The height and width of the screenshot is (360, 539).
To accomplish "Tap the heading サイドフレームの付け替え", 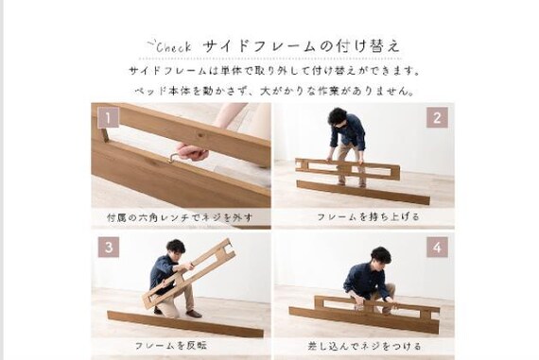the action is tap(302, 46).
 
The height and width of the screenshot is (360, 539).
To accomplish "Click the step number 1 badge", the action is tap(109, 117).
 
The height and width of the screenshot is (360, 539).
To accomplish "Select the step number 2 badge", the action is tap(437, 117).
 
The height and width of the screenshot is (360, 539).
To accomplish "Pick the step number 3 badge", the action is tap(109, 247).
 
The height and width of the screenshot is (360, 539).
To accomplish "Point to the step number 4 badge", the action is tap(437, 247).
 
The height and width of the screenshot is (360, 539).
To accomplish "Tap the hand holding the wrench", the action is tap(192, 151).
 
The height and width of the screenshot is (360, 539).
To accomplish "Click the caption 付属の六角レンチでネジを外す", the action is tap(180, 217).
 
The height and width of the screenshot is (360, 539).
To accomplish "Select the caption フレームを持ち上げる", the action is tap(368, 217).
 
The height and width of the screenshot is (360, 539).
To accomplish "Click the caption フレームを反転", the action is tap(171, 346).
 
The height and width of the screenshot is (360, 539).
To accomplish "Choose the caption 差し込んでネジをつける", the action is tap(364, 346).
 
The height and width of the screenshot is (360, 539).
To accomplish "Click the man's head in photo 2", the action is tap(338, 117).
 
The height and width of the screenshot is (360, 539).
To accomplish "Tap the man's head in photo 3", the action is tap(176, 248).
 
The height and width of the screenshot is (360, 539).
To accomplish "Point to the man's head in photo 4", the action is tap(381, 256).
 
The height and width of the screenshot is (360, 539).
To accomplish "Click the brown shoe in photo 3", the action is tap(194, 314).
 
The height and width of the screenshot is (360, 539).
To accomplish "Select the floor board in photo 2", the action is tap(363, 193).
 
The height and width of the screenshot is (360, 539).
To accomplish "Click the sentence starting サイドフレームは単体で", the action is tap(275, 71).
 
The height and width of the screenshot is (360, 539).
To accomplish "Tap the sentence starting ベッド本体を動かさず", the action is tap(274, 91).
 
